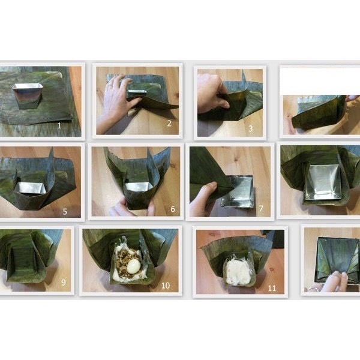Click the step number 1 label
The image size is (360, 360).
point(59,125)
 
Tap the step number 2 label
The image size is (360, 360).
point(169,124)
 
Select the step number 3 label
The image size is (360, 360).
point(251,128)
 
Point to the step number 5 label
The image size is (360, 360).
point(65,211)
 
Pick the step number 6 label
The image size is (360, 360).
point(173,209)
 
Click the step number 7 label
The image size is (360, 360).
point(261,208)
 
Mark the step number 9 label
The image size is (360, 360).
point(64,282)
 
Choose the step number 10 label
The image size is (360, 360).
point(166,286)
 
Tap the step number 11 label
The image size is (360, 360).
point(272,288)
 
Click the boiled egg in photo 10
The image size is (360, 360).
point(133,266)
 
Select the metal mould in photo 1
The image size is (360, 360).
point(28,95)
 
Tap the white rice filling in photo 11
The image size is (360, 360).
point(238,271)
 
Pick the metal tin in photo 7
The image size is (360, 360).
point(238,191)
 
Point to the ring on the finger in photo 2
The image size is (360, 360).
point(111,85)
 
